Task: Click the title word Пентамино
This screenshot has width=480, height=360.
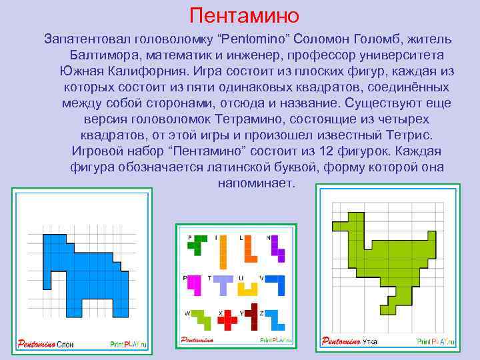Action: pos(244,15)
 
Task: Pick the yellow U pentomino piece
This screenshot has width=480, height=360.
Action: pos(249,287)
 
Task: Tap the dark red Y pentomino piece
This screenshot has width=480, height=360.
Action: pos(251,317)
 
